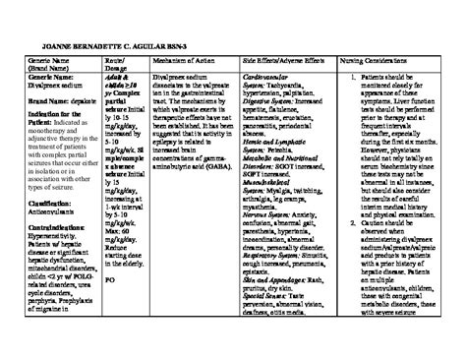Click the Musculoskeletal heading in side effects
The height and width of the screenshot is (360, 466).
pos(271,178)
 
